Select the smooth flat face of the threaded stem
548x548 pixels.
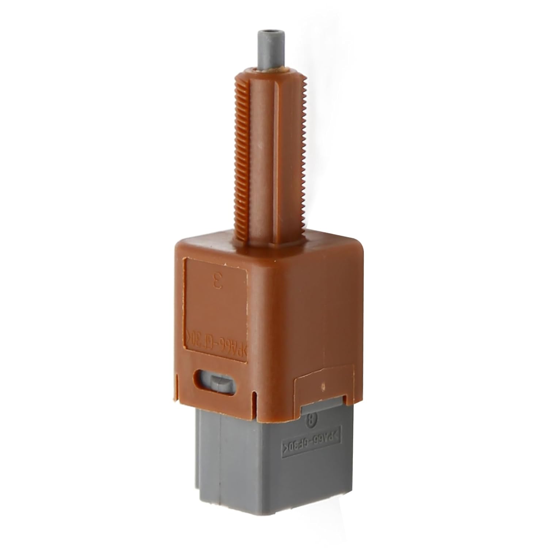click(260, 153)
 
